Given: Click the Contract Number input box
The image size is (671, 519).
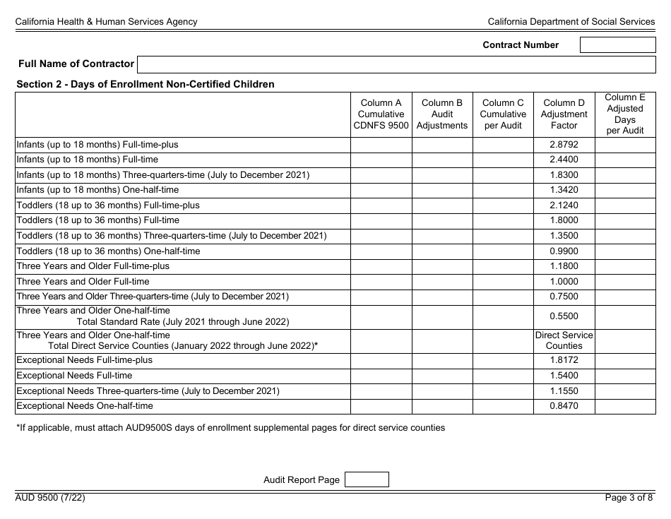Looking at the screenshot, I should (x=617, y=44).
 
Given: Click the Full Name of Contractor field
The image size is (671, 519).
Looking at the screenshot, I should (x=396, y=64).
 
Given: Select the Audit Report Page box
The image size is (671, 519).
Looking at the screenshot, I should (x=366, y=479).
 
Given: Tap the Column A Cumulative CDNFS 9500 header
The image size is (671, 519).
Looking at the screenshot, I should (x=381, y=114).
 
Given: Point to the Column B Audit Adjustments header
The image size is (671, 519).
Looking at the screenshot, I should (x=442, y=114).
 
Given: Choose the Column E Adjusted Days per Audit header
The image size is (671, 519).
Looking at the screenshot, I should (x=625, y=114).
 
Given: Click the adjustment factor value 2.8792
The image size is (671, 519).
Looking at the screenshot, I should (x=564, y=145).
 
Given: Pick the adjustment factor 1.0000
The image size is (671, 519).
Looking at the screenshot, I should (x=564, y=282).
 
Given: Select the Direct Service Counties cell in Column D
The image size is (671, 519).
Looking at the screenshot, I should (x=564, y=340).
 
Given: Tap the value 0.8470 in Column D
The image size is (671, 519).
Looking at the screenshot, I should (x=564, y=406).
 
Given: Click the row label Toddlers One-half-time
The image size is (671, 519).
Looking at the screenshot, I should (x=108, y=251).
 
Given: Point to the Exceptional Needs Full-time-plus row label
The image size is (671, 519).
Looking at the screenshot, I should (x=84, y=360).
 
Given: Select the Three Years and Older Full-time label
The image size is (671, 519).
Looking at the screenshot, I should (x=83, y=282).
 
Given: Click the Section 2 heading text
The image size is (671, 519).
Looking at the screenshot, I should (x=146, y=85).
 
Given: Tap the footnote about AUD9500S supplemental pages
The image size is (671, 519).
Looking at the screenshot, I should (x=230, y=428).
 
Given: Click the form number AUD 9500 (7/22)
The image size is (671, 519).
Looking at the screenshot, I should (x=51, y=498).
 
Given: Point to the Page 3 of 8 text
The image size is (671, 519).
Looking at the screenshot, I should (x=629, y=498).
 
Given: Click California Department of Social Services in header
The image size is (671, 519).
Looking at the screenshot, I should (x=571, y=22).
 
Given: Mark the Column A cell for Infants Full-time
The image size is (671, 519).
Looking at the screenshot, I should (x=381, y=160).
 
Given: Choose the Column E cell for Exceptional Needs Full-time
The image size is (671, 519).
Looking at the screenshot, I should (x=625, y=376).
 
